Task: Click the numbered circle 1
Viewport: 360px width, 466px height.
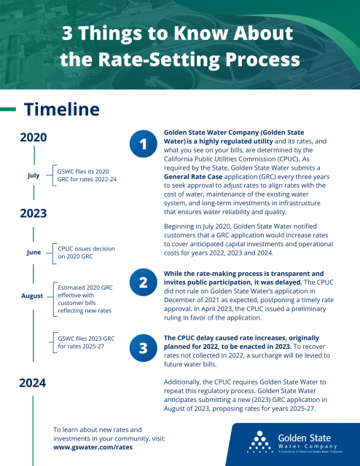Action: [144, 144]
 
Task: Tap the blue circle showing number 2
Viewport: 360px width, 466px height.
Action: [144, 283]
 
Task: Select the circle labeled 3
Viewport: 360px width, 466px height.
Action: [144, 348]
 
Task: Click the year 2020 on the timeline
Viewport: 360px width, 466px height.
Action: [34, 138]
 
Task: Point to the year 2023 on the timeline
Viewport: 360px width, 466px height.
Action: [34, 213]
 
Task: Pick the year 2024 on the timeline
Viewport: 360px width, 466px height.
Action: [33, 383]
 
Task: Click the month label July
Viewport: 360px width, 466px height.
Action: [34, 175]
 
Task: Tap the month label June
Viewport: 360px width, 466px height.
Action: [34, 253]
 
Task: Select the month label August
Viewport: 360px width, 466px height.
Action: [32, 296]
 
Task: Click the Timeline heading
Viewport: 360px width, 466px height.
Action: [62, 109]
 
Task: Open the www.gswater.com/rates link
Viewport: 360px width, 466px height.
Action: [93, 447]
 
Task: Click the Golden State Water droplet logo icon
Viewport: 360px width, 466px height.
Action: [259, 442]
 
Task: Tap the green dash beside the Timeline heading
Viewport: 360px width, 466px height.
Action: [8, 109]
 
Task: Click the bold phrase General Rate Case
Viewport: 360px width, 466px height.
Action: [193, 177]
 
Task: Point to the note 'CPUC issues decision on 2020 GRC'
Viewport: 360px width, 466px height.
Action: [86, 253]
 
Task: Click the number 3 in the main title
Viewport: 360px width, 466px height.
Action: [67, 33]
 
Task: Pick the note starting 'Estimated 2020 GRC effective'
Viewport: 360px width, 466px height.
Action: [85, 299]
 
